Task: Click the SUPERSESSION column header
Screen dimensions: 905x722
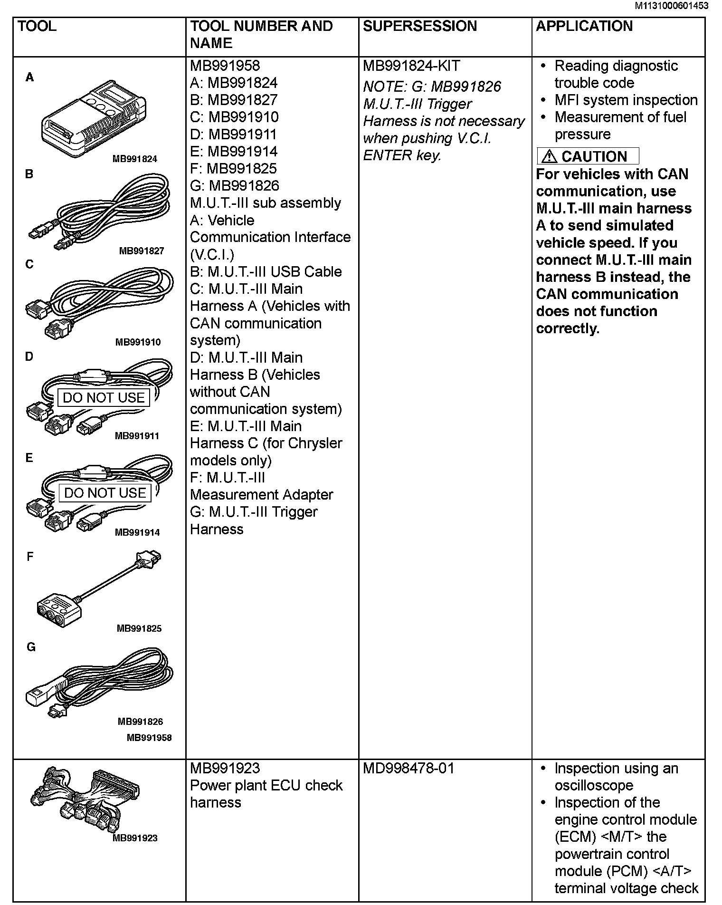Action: coord(419,26)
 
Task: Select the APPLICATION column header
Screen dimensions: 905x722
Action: coord(584,26)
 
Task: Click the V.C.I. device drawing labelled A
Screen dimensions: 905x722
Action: coord(94,119)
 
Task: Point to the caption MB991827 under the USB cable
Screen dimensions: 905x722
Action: coord(141,251)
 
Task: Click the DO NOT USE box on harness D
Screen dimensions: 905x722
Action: coord(104,397)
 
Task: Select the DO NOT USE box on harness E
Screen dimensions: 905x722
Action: coord(105,493)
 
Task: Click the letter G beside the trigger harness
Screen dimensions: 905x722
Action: coord(31,647)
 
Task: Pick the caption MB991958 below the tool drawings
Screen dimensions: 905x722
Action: coord(149,738)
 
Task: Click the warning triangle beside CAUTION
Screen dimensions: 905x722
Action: coord(549,156)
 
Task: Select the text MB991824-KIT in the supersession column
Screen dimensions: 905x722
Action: coord(411,66)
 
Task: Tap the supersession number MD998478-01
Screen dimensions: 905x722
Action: coord(408,769)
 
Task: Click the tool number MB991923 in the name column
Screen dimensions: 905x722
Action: coord(225,769)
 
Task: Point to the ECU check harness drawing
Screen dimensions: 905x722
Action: coord(85,799)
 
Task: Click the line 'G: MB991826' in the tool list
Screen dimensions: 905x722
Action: coord(235,186)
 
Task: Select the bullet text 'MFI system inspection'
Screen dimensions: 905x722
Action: coord(626,100)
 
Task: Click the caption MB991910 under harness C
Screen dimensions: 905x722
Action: coord(138,342)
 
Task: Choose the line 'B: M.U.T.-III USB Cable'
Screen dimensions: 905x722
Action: coord(266,271)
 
